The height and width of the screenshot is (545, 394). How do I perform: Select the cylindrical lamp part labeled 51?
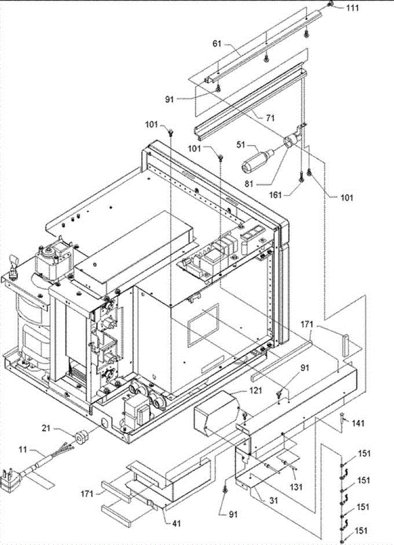(254, 163)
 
